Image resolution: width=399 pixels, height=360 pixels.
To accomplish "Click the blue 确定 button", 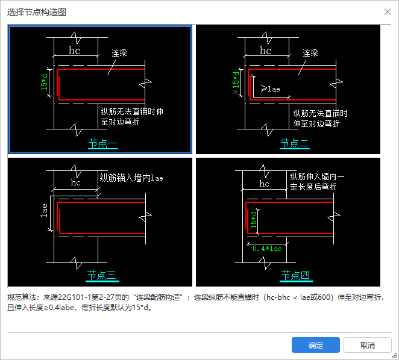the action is (316, 345).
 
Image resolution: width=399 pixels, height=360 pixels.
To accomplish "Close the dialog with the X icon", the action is (388, 11).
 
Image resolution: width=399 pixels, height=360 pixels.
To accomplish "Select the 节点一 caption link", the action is (103, 144).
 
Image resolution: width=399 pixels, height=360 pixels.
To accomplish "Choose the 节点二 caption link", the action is (295, 144).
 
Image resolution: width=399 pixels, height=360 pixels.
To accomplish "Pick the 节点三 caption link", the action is (102, 276).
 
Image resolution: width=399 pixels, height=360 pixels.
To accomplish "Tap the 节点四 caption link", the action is (296, 276).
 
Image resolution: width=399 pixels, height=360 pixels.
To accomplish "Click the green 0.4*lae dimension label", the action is (267, 249).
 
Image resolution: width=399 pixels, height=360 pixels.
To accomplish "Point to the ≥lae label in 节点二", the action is (271, 88).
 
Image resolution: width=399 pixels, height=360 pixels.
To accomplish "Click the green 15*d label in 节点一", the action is (44, 82).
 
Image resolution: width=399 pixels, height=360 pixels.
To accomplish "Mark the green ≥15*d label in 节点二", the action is (236, 83).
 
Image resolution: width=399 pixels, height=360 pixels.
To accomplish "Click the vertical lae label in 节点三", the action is (44, 211).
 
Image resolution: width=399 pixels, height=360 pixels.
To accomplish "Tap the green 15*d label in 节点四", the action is (254, 220).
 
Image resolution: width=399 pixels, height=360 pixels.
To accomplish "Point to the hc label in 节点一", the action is (75, 51).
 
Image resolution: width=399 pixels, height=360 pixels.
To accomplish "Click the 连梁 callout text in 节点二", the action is (310, 53).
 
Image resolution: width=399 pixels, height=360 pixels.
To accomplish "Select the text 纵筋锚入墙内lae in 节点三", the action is (131, 178).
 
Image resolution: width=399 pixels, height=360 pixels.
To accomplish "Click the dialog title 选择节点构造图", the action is (37, 12).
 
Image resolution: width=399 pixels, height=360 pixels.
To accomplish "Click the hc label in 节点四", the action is (264, 183).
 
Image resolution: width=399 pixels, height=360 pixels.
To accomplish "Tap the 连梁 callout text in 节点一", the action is (119, 53).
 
